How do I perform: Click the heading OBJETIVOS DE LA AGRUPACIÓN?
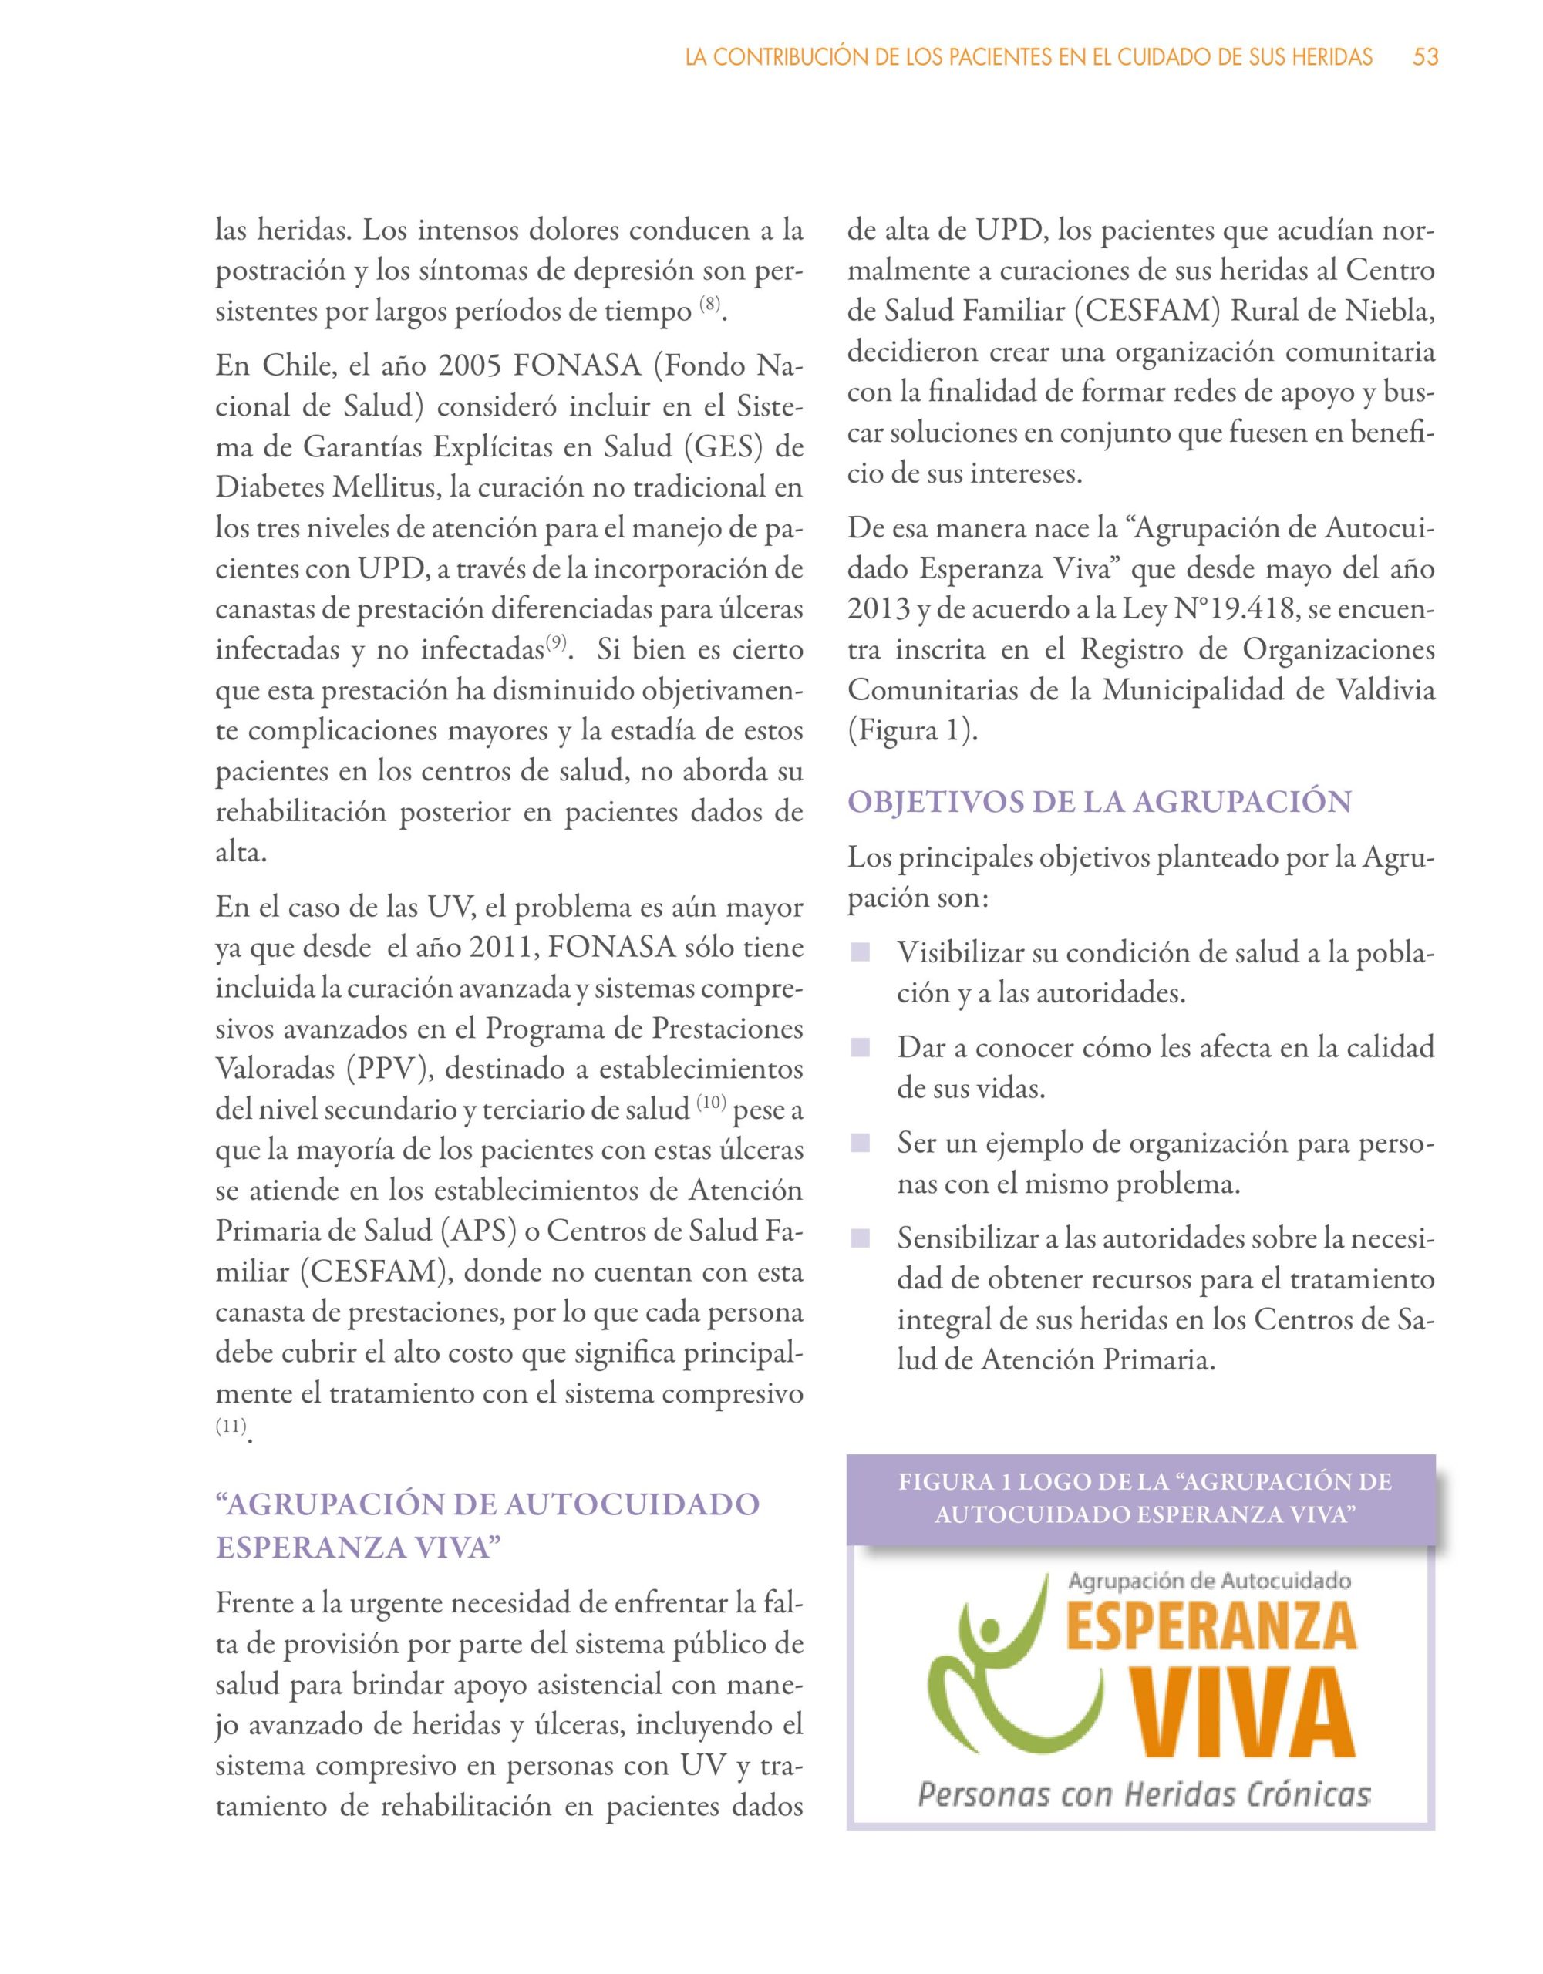tap(1098, 802)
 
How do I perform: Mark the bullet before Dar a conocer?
tap(860, 1048)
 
